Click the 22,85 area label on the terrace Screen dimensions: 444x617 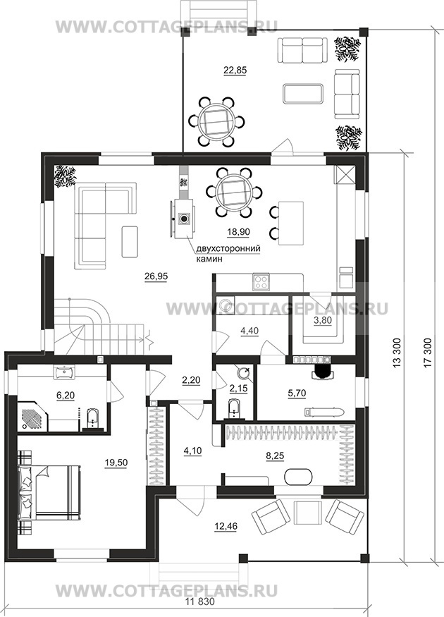pyautogui.click(x=235, y=71)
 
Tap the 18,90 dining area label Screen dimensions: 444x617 pyautogui.click(x=238, y=232)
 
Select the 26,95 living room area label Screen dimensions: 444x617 pyautogui.click(x=156, y=276)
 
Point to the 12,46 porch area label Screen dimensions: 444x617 pyautogui.click(x=226, y=526)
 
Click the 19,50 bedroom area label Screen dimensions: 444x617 pyautogui.click(x=116, y=463)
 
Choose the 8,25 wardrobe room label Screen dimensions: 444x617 pyautogui.click(x=275, y=456)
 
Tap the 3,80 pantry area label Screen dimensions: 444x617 pyautogui.click(x=323, y=321)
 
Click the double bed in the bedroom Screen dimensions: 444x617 pyautogui.click(x=49, y=493)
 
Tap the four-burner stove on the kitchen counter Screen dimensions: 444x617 pyautogui.click(x=260, y=282)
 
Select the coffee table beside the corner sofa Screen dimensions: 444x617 pyautogui.click(x=130, y=241)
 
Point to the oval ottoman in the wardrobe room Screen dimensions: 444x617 pyautogui.click(x=299, y=477)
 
